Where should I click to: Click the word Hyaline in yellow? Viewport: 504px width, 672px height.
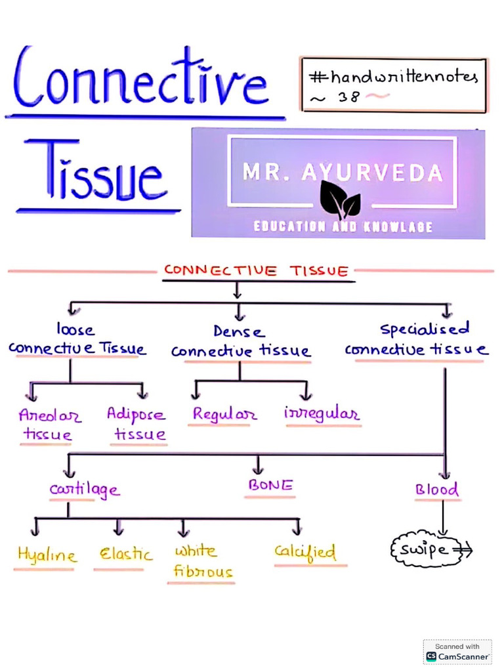pyautogui.click(x=46, y=555)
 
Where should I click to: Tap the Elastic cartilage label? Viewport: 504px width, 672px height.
pyautogui.click(x=125, y=555)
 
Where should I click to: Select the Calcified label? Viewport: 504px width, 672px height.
pyautogui.click(x=305, y=552)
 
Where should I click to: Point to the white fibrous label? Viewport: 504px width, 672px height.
pyautogui.click(x=202, y=561)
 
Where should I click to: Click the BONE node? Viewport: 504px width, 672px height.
pyautogui.click(x=270, y=486)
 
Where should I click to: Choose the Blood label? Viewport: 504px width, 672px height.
pyautogui.click(x=436, y=490)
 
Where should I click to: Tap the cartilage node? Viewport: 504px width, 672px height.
pyautogui.click(x=85, y=490)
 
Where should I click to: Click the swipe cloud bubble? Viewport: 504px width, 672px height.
pyautogui.click(x=426, y=549)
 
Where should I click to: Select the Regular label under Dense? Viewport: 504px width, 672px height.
pyautogui.click(x=224, y=415)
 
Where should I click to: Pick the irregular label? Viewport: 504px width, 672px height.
pyautogui.click(x=322, y=414)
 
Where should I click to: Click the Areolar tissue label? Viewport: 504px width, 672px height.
pyautogui.click(x=49, y=425)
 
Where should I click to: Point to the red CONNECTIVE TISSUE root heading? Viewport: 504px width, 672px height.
pyautogui.click(x=256, y=271)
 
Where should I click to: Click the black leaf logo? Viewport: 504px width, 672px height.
pyautogui.click(x=339, y=200)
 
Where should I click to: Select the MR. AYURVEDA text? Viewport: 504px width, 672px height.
pyautogui.click(x=342, y=173)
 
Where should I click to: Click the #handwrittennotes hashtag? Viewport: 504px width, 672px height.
pyautogui.click(x=393, y=77)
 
